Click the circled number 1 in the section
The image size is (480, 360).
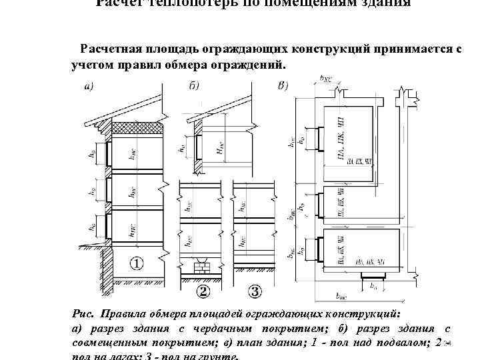tap(136, 264)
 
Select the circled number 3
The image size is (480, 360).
tap(256, 291)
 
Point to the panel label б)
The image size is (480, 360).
tap(194, 86)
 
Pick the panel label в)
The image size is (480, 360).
tap(283, 86)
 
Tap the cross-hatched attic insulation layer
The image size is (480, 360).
tap(136, 127)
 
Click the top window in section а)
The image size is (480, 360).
tap(104, 154)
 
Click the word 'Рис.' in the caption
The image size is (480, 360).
tap(83, 313)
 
